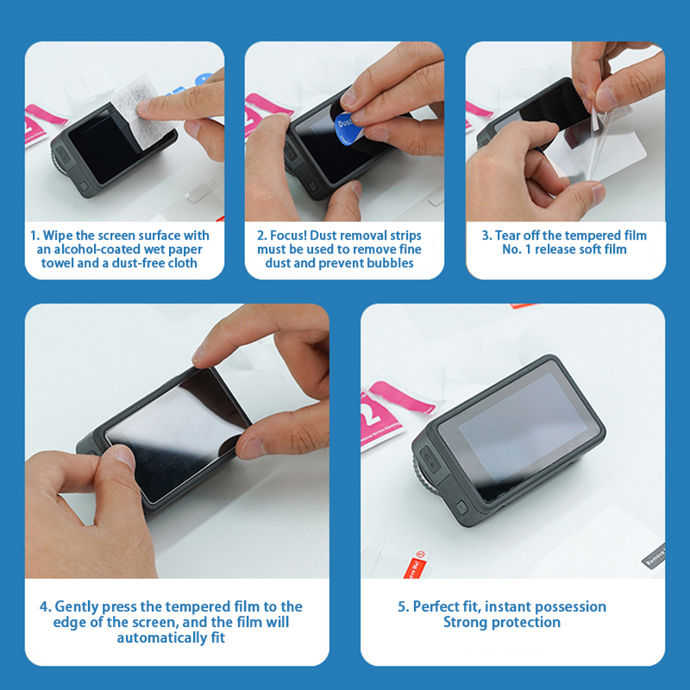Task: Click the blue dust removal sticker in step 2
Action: click(347, 128)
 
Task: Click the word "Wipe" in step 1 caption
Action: click(58, 235)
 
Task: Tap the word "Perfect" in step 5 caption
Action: click(436, 607)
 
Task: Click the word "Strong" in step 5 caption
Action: click(466, 623)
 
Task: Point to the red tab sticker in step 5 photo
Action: click(414, 564)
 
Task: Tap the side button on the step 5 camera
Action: click(461, 507)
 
